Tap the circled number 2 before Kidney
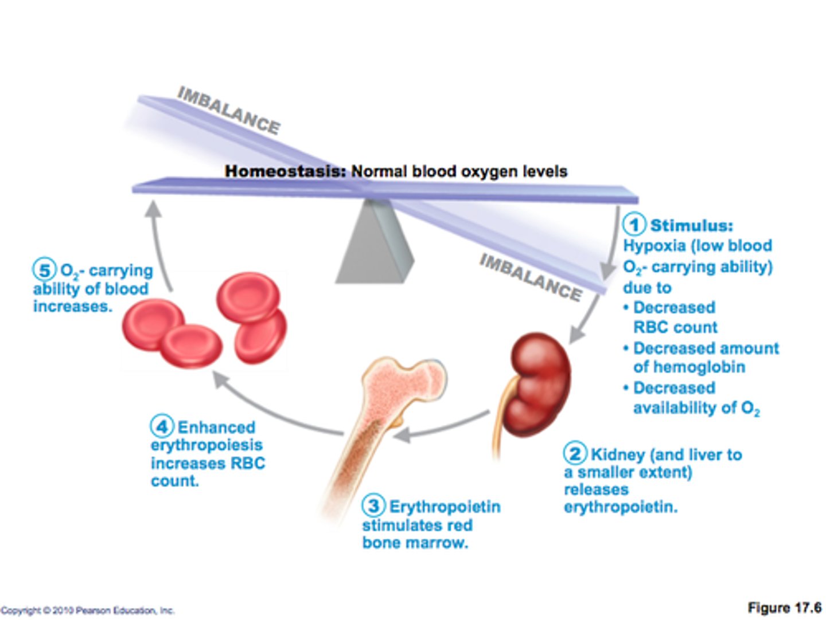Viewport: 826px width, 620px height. pos(575,453)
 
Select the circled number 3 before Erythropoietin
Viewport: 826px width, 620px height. pos(373,505)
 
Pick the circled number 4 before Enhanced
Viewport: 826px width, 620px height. pos(162,426)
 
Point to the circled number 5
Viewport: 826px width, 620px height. pos(44,269)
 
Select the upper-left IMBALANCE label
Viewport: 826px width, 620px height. pos(229,110)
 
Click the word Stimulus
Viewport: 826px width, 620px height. pos(691,225)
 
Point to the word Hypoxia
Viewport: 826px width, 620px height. pos(654,246)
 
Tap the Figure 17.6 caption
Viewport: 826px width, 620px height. pos(784,607)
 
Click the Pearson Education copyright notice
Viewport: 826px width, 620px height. pos(87,610)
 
